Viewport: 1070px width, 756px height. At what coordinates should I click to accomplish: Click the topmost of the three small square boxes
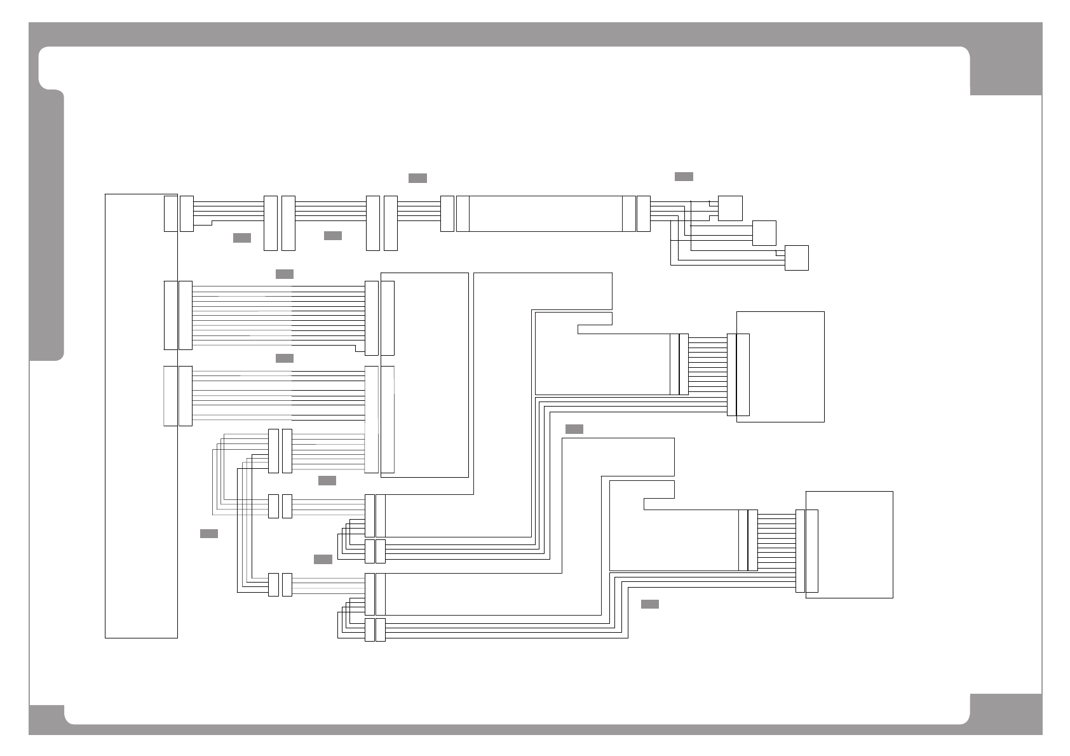pos(730,208)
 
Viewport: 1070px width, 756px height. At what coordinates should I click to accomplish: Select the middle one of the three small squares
pos(764,233)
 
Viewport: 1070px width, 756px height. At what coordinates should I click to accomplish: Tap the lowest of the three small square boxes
pos(796,258)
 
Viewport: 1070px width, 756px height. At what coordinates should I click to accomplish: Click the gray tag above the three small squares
pos(684,177)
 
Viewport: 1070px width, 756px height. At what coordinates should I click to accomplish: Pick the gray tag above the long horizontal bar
pos(417,178)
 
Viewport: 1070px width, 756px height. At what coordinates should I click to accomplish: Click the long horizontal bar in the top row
pos(545,214)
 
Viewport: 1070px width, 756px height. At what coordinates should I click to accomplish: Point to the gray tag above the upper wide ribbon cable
pos(284,274)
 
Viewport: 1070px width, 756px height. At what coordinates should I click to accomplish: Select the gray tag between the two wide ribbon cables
pos(284,358)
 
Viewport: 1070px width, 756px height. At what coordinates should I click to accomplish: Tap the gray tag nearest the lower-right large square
pos(649,604)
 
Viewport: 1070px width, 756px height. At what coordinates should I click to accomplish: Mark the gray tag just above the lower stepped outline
pos(574,429)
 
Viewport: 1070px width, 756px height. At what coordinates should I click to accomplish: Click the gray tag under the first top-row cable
pos(241,238)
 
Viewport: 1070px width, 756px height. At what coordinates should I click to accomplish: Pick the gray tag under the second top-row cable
pos(332,236)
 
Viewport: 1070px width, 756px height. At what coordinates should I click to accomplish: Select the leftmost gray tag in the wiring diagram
pos(208,534)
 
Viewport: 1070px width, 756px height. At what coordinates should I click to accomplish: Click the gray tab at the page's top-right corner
pos(1006,70)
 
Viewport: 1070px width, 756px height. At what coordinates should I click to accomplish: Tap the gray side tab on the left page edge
pos(46,226)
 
